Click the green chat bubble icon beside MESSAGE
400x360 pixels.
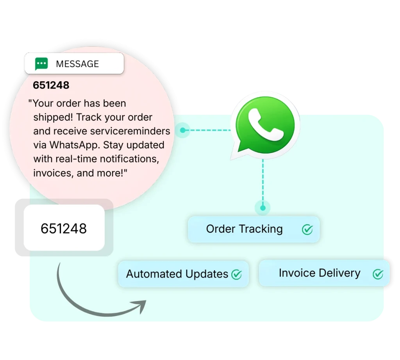click(41, 64)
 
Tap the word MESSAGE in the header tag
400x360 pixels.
click(77, 64)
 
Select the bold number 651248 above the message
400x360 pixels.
click(51, 85)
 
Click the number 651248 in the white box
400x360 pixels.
click(64, 228)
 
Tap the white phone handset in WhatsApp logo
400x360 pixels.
click(266, 124)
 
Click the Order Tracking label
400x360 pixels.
click(244, 229)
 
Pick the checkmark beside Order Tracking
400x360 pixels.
click(307, 230)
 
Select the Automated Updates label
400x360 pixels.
click(177, 274)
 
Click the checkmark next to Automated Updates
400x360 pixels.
click(236, 274)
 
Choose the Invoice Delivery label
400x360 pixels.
click(320, 273)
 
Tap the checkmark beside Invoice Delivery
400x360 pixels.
click(378, 274)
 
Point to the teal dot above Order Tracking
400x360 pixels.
click(262, 208)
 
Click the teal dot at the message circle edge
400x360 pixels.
click(182, 130)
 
